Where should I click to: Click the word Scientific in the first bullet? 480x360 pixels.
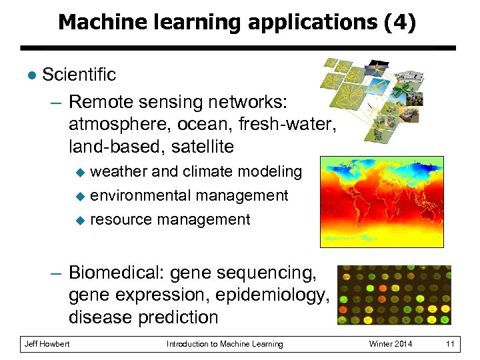[x=79, y=75]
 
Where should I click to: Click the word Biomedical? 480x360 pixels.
[x=116, y=273]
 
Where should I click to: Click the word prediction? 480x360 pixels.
[x=179, y=317]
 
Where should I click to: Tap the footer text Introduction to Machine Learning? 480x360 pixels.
[x=225, y=344]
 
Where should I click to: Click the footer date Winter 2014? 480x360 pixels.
[x=391, y=344]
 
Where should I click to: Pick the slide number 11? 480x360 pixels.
[x=450, y=344]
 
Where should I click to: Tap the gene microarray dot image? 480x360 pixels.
[x=394, y=295]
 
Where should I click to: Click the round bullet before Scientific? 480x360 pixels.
[x=29, y=75]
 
